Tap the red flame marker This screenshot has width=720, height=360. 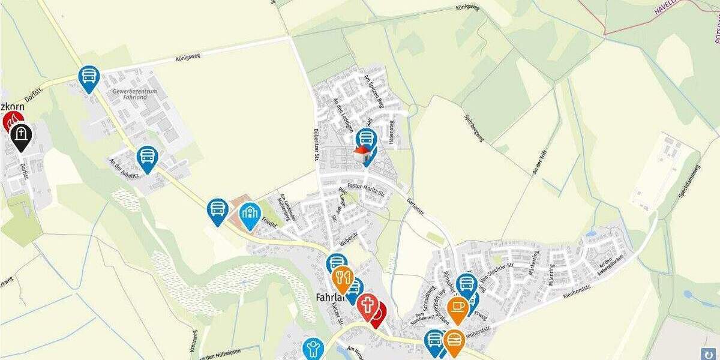click(x=11, y=122)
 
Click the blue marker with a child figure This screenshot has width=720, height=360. click(x=313, y=348)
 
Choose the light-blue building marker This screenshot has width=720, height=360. click(x=250, y=214)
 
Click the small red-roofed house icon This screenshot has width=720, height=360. click(x=362, y=154)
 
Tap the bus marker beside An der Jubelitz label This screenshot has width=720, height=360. click(x=147, y=158)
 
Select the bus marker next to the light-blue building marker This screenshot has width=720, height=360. click(x=218, y=210)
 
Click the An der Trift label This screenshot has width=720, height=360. click(x=540, y=161)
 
